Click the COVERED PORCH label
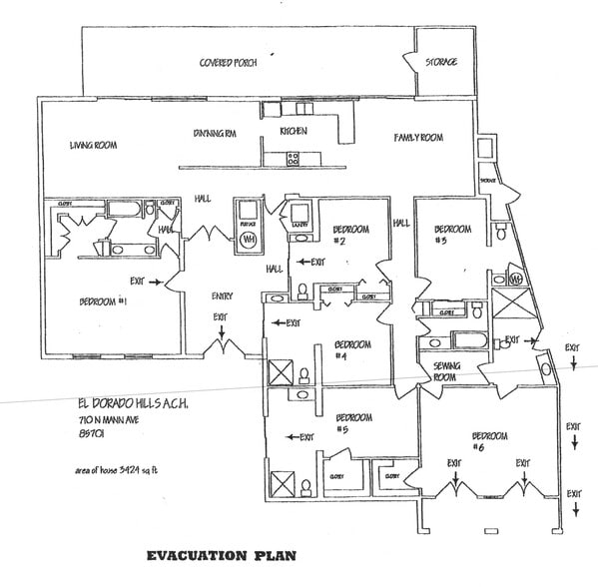pyautogui.click(x=229, y=62)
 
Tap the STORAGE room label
pyautogui.click(x=442, y=62)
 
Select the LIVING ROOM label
pyautogui.click(x=94, y=145)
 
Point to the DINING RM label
pyautogui.click(x=215, y=134)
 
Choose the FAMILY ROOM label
pyautogui.click(x=417, y=137)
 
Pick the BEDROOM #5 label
pyautogui.click(x=354, y=422)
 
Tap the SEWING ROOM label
pyautogui.click(x=444, y=371)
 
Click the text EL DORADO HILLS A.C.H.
pyautogui.click(x=131, y=403)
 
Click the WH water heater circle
pyautogui.click(x=249, y=241)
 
